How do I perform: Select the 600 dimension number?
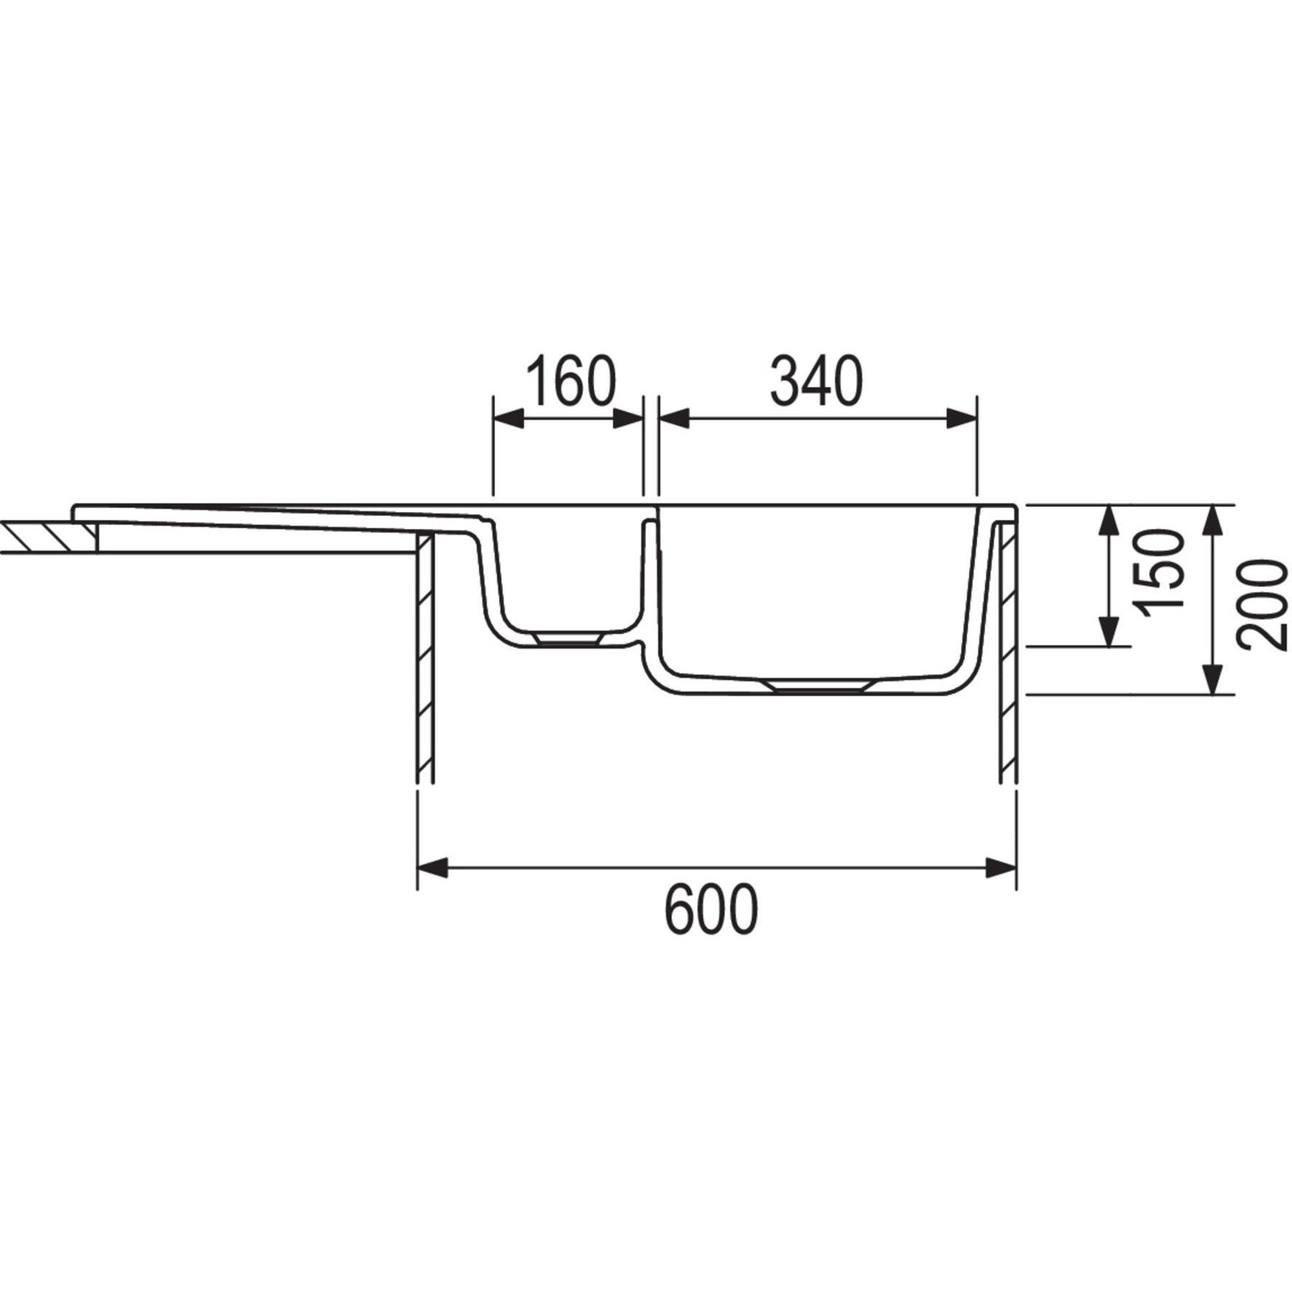tap(711, 908)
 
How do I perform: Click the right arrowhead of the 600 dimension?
tap(1002, 869)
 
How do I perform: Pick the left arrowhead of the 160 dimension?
tap(507, 418)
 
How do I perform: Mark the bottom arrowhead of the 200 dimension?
tap(1210, 678)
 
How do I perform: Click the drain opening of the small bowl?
tap(568, 638)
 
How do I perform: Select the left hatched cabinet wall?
tap(426, 662)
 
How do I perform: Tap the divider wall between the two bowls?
tap(651, 581)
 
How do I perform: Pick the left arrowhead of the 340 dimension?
tap(673, 418)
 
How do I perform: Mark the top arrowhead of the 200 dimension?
tap(1210, 520)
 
